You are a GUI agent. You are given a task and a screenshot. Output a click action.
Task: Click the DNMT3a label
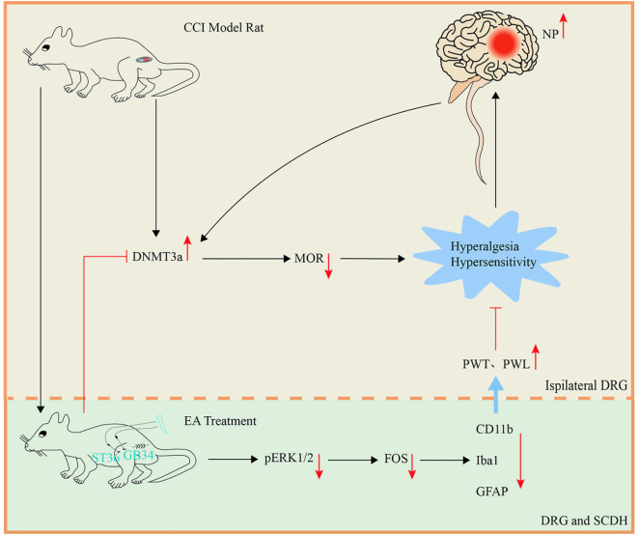tap(157, 257)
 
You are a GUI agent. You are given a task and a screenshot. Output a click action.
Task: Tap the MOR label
tap(309, 258)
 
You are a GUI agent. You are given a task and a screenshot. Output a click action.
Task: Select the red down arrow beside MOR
tap(328, 266)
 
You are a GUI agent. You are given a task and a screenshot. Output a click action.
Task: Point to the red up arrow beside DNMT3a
tap(187, 248)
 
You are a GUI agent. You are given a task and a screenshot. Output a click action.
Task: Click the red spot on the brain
tap(505, 42)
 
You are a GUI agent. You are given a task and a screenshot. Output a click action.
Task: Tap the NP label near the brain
tap(550, 35)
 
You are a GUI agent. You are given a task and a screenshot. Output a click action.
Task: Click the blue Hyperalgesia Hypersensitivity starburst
tap(491, 256)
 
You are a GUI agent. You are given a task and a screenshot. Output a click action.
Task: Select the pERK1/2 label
tap(289, 459)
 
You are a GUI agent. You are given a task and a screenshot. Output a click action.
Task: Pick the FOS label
tap(396, 459)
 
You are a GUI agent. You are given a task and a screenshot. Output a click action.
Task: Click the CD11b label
tap(494, 430)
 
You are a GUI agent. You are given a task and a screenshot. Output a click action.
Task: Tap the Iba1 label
tap(487, 461)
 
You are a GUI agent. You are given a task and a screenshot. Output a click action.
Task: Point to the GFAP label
tap(492, 492)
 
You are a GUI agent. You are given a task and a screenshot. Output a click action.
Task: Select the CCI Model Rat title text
tap(224, 28)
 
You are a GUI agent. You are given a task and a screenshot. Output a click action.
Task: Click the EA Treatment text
tap(220, 421)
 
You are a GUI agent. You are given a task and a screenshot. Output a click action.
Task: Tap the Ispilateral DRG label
tap(587, 385)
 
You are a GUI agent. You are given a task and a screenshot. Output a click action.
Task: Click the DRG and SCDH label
tap(584, 521)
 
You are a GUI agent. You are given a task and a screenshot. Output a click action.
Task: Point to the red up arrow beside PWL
tap(536, 356)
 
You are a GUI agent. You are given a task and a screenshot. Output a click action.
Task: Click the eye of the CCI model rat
tap(46, 48)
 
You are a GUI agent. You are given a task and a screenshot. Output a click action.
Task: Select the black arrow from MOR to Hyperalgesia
tap(373, 259)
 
